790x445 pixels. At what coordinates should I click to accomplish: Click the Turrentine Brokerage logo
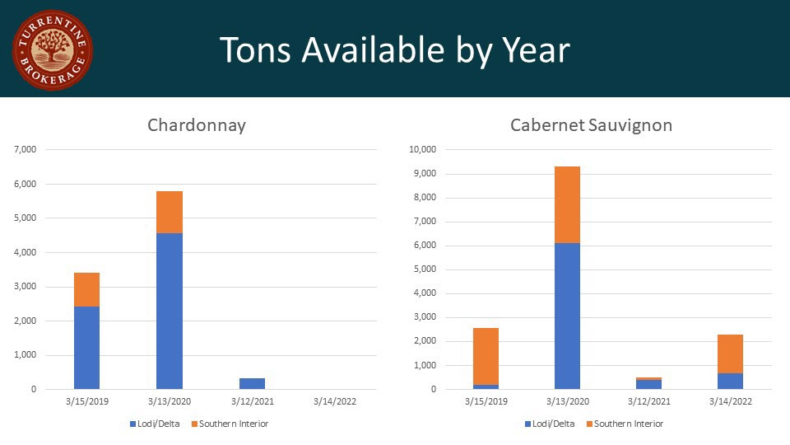(x=52, y=49)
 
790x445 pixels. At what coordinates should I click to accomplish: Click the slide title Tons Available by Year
(x=394, y=50)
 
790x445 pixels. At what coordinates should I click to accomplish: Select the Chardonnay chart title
(x=197, y=125)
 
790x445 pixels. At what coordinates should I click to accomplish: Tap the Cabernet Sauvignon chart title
(x=591, y=125)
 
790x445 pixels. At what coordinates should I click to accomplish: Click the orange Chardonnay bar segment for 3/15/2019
(x=86, y=289)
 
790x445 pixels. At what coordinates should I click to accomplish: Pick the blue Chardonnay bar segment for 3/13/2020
(x=170, y=311)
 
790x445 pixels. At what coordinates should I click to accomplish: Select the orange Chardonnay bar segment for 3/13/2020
(x=170, y=212)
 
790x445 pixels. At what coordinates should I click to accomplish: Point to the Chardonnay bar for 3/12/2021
(x=252, y=383)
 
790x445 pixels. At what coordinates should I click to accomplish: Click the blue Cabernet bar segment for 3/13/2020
(x=567, y=316)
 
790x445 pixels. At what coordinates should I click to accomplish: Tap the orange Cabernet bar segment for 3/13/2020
(x=567, y=204)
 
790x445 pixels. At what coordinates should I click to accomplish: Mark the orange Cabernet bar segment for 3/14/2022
(x=730, y=354)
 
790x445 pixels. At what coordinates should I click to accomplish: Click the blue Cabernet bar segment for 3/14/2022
(x=730, y=381)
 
